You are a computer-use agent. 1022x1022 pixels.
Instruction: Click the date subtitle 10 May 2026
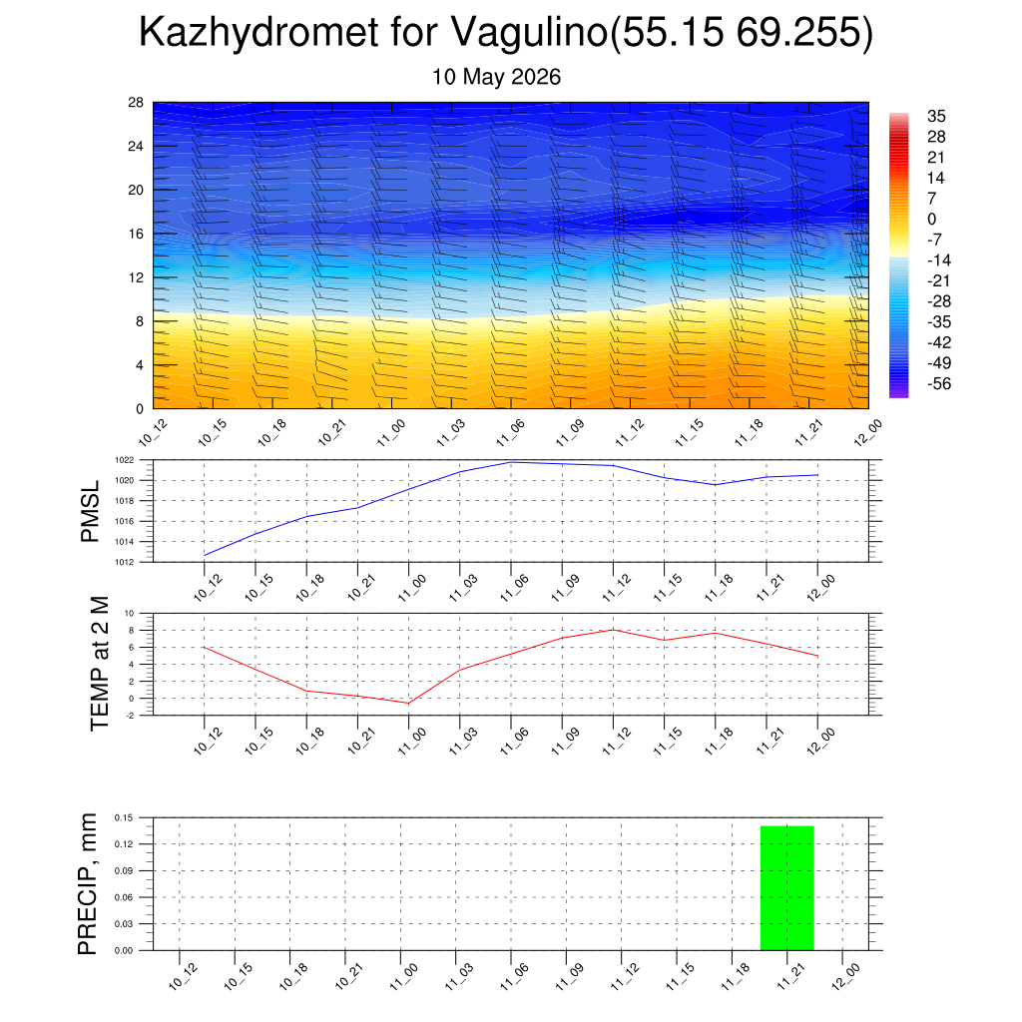pyautogui.click(x=496, y=77)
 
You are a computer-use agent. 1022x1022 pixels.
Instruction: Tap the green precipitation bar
pyautogui.click(x=786, y=887)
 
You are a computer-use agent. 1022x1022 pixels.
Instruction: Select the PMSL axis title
pyautogui.click(x=90, y=511)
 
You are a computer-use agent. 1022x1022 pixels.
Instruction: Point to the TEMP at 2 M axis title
pyautogui.click(x=100, y=664)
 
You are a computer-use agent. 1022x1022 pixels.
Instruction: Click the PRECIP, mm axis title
pyautogui.click(x=87, y=884)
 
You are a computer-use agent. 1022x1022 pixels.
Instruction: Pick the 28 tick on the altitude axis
pyautogui.click(x=136, y=103)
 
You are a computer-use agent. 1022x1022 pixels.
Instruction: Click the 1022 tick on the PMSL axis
pyautogui.click(x=125, y=460)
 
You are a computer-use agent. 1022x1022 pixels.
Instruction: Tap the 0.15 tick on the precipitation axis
pyautogui.click(x=124, y=817)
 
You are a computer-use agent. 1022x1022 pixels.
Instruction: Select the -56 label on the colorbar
pyautogui.click(x=939, y=384)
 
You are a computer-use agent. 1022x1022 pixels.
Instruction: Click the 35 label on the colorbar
pyautogui.click(x=936, y=116)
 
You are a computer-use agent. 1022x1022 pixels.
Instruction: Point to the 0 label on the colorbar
pyautogui.click(x=931, y=219)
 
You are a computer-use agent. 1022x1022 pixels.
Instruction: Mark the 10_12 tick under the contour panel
pyautogui.click(x=153, y=433)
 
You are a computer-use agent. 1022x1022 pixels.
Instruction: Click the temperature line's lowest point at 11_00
pyautogui.click(x=408, y=704)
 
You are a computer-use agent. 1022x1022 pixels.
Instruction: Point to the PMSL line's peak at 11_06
pyautogui.click(x=511, y=462)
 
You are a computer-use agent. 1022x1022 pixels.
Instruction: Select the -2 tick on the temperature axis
pyautogui.click(x=130, y=716)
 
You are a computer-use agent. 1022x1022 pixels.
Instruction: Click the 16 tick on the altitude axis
pyautogui.click(x=136, y=234)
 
